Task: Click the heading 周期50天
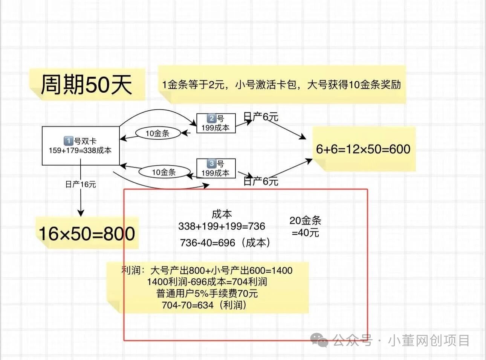(86, 85)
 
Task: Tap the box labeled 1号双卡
(81, 146)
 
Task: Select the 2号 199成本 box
(216, 123)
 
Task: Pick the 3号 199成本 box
(216, 168)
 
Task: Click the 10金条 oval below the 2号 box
(158, 133)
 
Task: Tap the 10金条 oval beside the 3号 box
(164, 172)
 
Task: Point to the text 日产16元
(81, 184)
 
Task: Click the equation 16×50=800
(87, 233)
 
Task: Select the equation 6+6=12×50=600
(363, 149)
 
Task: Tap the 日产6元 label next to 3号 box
(261, 181)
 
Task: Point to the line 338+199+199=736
(222, 226)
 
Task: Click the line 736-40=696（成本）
(225, 243)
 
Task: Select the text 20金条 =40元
(305, 227)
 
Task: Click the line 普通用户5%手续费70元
(207, 294)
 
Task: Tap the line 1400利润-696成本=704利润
(207, 282)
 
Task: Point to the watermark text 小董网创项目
(429, 340)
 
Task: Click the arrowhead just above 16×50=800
(81, 213)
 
